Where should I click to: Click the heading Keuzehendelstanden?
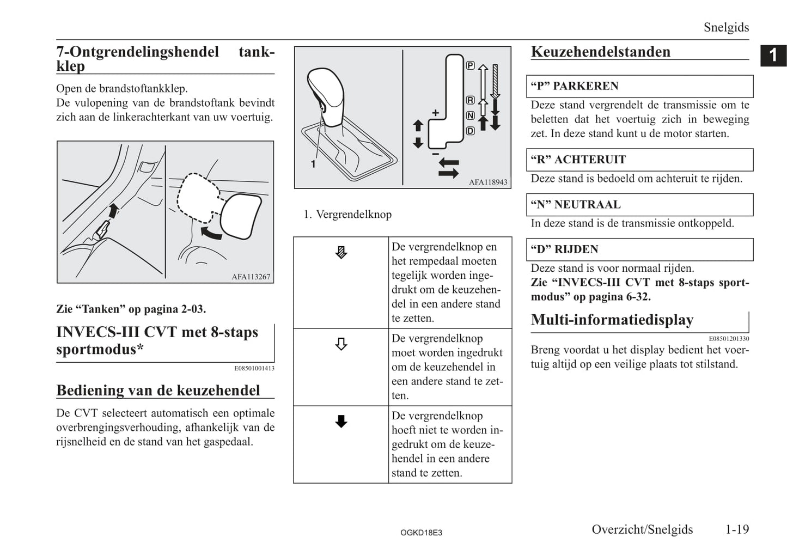600,52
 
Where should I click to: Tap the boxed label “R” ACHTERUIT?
578,160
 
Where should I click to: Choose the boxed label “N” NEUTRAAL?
575,205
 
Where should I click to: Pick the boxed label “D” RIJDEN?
564,249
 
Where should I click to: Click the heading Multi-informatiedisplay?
612,320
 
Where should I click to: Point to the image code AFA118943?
487,182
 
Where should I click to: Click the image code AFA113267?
251,277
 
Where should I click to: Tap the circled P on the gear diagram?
470,66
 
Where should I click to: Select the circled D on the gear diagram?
470,131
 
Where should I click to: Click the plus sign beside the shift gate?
435,113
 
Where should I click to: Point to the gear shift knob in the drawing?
326,93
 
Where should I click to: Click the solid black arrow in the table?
341,421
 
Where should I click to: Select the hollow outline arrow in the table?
341,344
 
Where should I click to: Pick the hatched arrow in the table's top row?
341,252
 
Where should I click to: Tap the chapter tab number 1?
773,56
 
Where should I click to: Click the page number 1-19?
737,529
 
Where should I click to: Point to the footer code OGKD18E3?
421,533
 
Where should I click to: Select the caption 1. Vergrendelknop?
347,215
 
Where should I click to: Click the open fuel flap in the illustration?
239,216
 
